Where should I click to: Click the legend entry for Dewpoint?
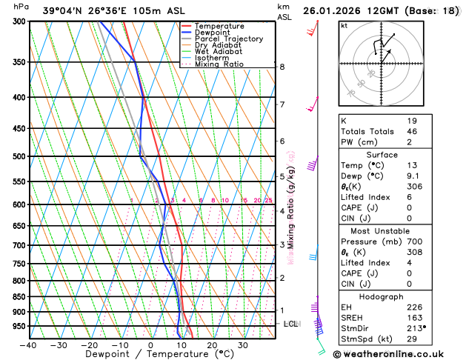[216, 33]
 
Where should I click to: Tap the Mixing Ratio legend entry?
[219, 64]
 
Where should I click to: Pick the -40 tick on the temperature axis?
[28, 345]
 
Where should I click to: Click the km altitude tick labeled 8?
[282, 67]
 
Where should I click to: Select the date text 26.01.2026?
[336, 10]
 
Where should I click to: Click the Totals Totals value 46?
[412, 131]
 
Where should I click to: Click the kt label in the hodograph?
[344, 25]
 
